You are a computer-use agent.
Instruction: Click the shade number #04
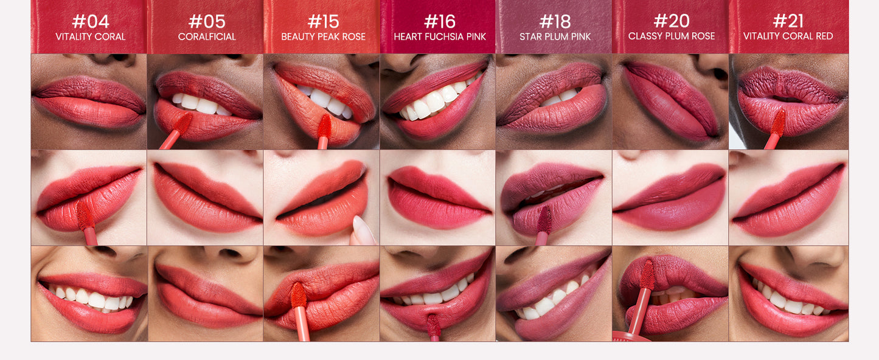[90, 21]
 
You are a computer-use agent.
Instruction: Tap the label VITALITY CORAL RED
[788, 36]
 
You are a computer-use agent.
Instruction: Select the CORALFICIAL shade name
[207, 36]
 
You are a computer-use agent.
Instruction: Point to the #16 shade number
[440, 21]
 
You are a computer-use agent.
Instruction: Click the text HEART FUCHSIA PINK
[440, 36]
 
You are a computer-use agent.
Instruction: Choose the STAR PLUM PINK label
[555, 36]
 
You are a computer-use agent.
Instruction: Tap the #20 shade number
[672, 21]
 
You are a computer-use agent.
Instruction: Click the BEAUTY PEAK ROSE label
[324, 36]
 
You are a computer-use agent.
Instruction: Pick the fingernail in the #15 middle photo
[363, 230]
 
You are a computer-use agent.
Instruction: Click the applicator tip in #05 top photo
[183, 122]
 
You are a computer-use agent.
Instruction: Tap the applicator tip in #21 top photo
[778, 123]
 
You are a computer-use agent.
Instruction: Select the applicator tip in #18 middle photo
[544, 220]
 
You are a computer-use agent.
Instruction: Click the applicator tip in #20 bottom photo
[647, 274]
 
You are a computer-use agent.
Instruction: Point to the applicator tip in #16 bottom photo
[433, 325]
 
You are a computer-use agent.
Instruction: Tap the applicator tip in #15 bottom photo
[299, 295]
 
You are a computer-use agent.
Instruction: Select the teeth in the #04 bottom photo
[89, 299]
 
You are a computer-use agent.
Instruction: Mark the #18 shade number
[555, 21]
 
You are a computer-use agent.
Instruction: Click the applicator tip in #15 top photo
[324, 126]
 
